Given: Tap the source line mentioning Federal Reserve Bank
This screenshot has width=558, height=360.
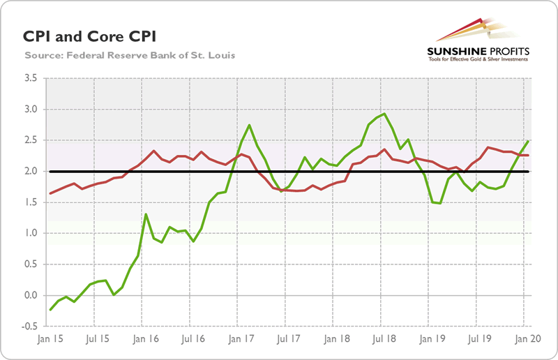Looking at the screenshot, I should (129, 54).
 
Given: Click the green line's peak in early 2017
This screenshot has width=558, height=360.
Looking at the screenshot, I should (250, 125).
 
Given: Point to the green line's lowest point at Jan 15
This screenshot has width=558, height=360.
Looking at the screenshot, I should (50, 310).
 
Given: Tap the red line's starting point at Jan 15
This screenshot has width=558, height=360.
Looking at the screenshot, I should (50, 193).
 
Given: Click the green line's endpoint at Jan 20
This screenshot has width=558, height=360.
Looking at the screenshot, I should (527, 141).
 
